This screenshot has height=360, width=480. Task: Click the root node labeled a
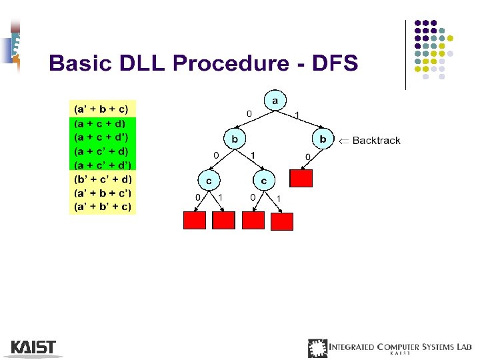point(274,101)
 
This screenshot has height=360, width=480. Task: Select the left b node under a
point(234,140)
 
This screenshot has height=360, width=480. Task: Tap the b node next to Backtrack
point(323,139)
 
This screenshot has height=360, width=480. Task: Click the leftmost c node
point(209,180)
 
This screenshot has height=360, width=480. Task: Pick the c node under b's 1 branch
point(264,180)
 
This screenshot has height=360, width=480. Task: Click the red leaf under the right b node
point(301,178)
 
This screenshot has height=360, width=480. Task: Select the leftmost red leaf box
point(194,221)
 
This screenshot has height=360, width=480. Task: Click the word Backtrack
point(376,140)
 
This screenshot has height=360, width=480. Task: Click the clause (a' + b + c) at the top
point(103,108)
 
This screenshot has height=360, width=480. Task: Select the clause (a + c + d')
point(103,137)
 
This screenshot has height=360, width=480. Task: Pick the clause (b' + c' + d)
point(103,179)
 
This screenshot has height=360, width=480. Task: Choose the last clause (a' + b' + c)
point(103,207)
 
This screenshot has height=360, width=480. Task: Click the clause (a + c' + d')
point(103,165)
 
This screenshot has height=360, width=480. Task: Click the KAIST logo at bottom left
point(33,347)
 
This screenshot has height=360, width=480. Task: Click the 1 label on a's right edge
point(297,115)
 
